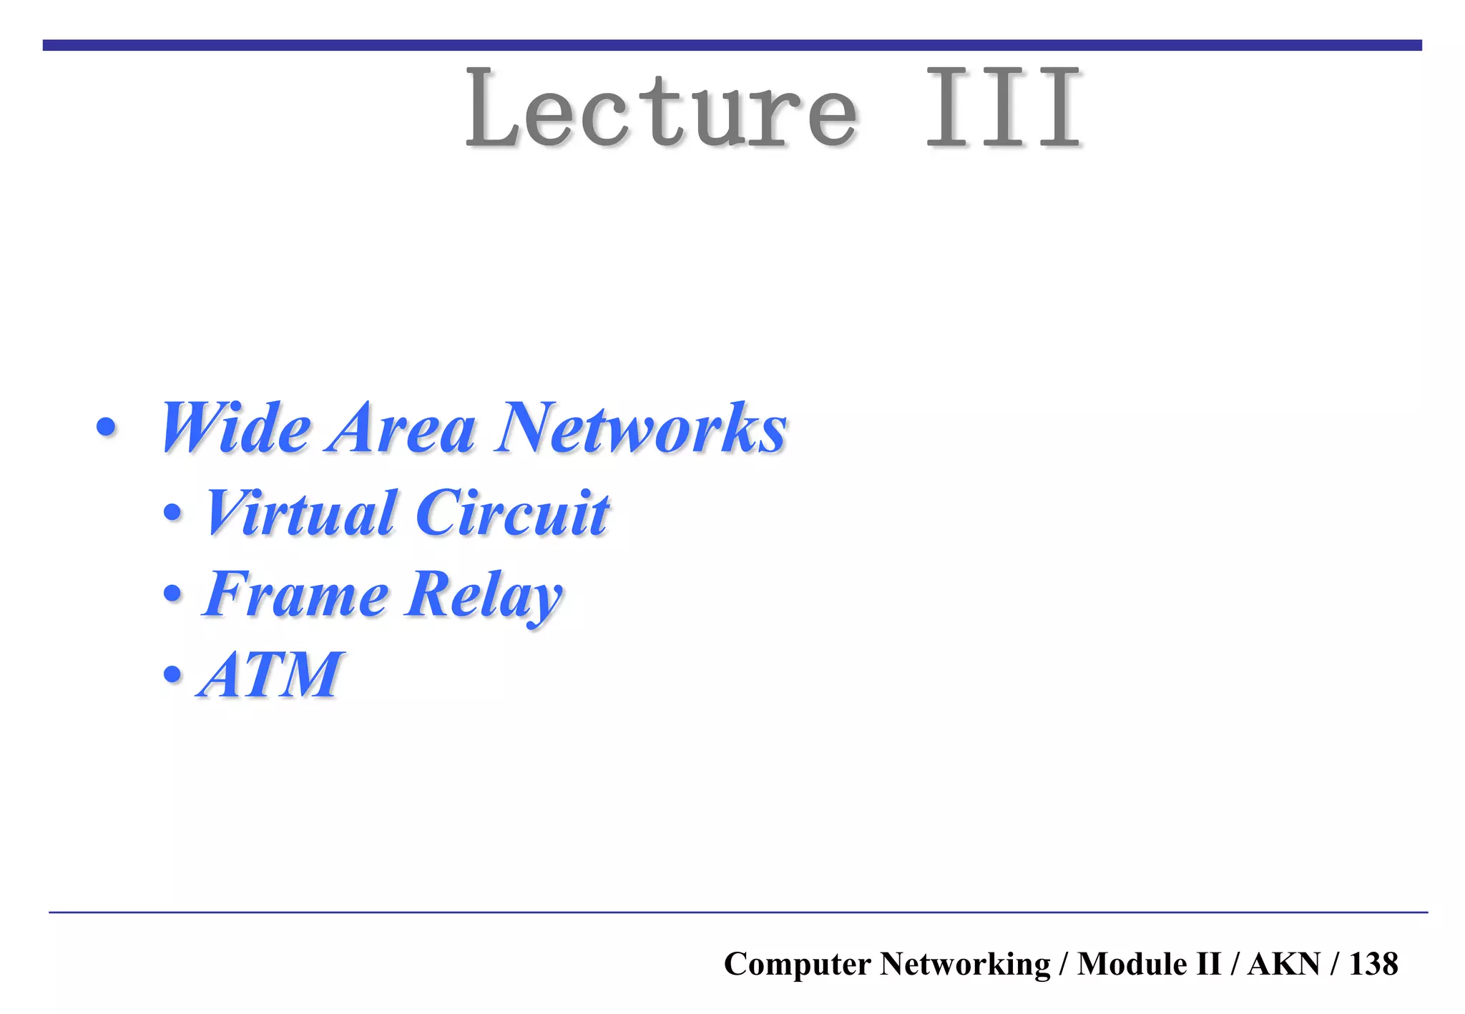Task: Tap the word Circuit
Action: coord(512,513)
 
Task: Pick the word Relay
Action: coord(484,595)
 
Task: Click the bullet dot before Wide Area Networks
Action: coord(106,428)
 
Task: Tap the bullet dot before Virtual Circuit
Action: coord(172,513)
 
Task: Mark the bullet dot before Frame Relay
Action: coord(172,594)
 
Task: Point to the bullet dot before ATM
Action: coord(172,674)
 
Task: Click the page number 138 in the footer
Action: coord(1373,964)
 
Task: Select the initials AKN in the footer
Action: coord(1283,964)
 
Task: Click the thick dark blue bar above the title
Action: coord(732,45)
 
